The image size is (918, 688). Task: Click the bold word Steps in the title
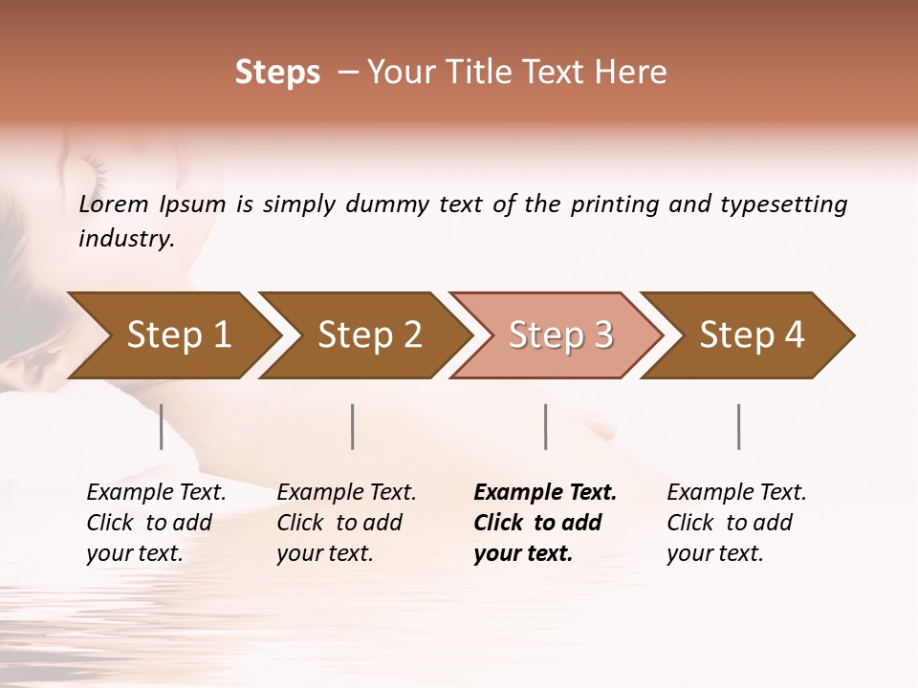click(x=277, y=73)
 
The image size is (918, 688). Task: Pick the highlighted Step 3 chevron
click(x=560, y=335)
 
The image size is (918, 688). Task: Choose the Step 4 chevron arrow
click(x=752, y=335)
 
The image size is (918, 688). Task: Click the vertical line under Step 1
click(x=161, y=426)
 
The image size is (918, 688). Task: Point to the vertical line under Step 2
click(x=353, y=426)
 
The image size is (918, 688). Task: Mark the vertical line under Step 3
click(x=545, y=426)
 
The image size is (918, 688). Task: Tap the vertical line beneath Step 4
click(x=738, y=426)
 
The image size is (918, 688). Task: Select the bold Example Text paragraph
click(x=545, y=523)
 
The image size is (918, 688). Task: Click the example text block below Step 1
click(x=156, y=523)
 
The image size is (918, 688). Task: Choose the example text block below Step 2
click(x=346, y=523)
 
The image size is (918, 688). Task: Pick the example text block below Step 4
click(x=736, y=523)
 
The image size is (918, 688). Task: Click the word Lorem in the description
click(x=114, y=204)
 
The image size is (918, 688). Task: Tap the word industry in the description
click(x=125, y=238)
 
